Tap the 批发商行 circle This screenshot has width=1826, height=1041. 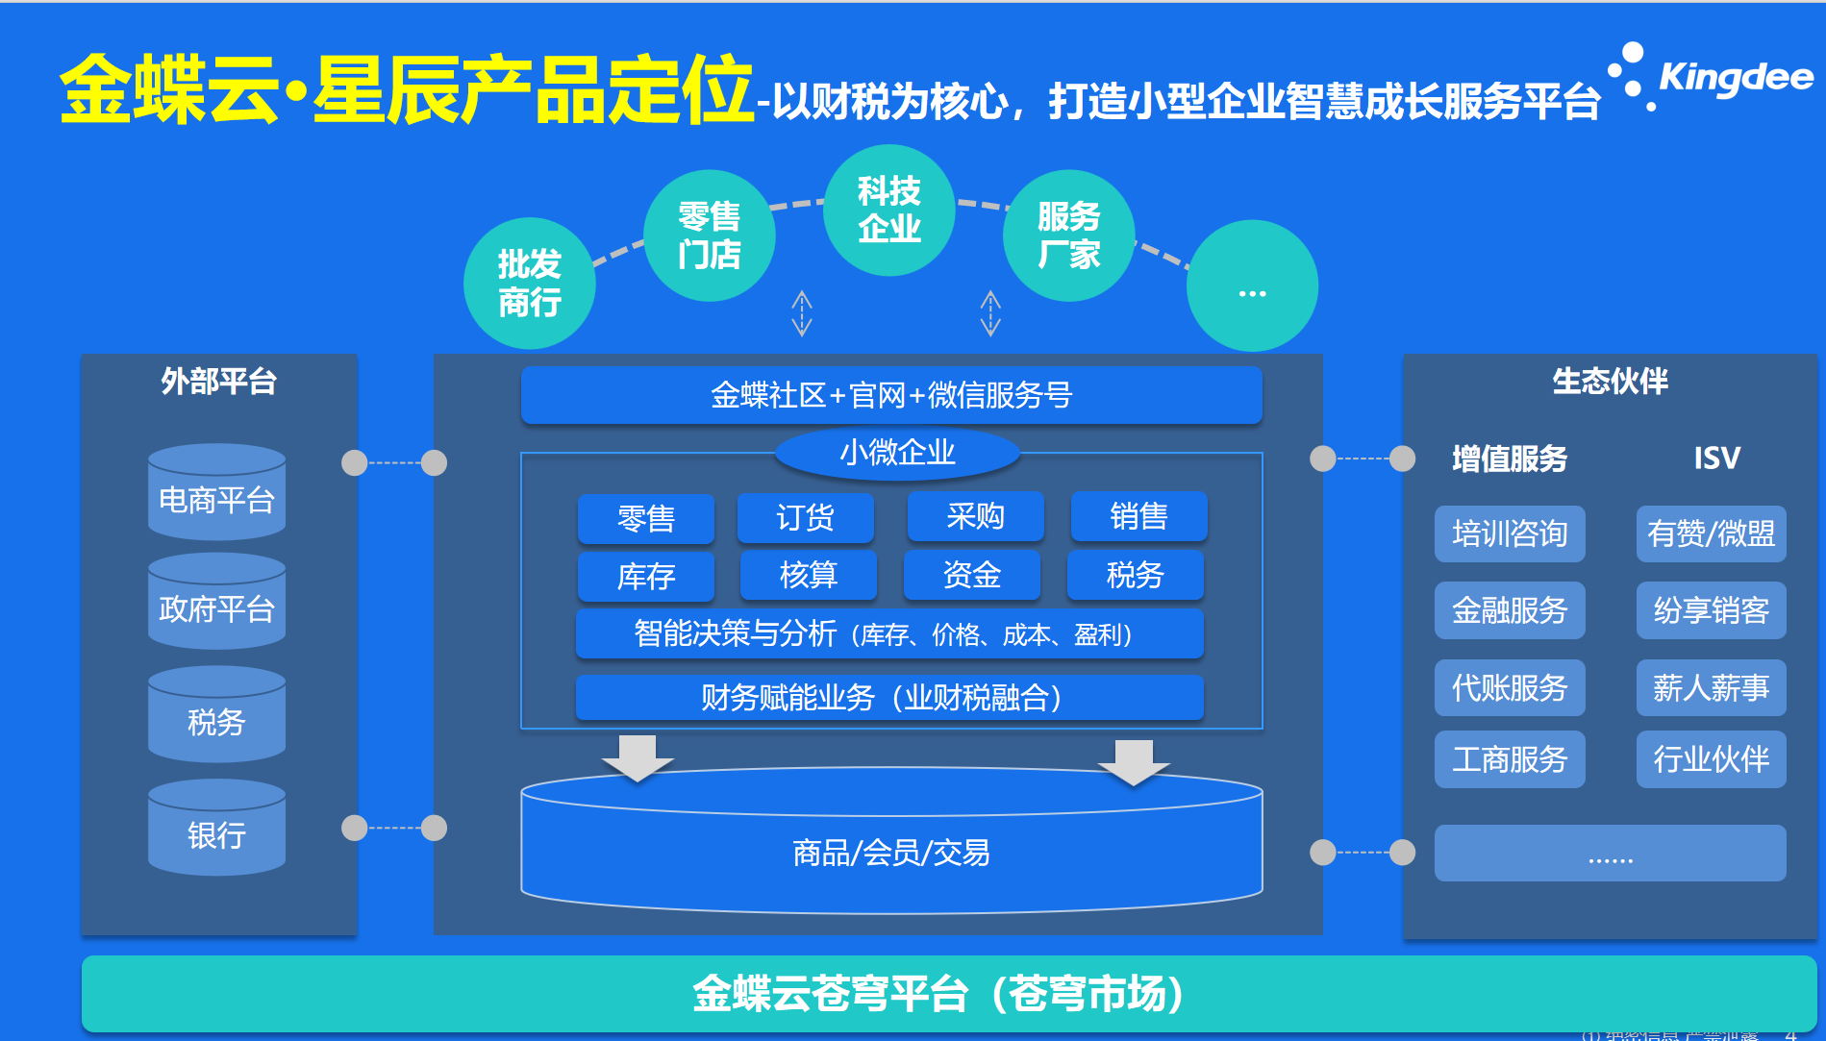(x=529, y=284)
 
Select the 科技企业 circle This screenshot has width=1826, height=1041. (x=888, y=211)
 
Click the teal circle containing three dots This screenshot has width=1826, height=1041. (x=1252, y=286)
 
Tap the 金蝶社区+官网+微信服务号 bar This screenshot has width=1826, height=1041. (x=890, y=395)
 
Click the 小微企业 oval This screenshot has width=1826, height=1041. (x=897, y=453)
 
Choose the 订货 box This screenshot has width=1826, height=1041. (x=805, y=518)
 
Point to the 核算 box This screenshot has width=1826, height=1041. (x=808, y=576)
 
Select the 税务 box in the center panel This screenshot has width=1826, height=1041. (x=1135, y=576)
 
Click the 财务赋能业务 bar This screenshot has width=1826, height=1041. (x=888, y=697)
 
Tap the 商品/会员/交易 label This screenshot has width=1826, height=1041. (x=890, y=852)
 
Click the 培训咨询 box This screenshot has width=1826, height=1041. (x=1510, y=533)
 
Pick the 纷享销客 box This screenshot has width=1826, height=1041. (x=1711, y=610)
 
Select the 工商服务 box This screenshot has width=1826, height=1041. (x=1510, y=759)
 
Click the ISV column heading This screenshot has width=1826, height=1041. (x=1716, y=458)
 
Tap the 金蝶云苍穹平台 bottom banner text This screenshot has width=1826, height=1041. (x=938, y=994)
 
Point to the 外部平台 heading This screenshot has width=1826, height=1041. (x=218, y=382)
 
